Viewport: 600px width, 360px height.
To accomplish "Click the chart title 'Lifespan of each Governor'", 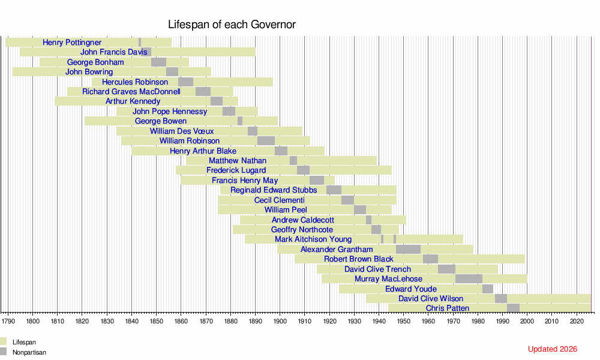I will tap(232, 25).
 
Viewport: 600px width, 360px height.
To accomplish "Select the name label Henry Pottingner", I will tap(72, 43).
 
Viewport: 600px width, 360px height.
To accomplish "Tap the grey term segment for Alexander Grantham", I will tap(408, 250).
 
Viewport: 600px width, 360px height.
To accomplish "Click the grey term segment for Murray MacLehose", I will tap(469, 279).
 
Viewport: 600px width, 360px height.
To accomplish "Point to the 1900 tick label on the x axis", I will tap(280, 321).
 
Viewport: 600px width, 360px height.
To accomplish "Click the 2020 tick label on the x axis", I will tap(576, 321).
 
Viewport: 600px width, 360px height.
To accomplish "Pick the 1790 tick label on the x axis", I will tap(8, 321).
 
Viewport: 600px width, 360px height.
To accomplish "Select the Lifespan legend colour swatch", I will tap(4, 342).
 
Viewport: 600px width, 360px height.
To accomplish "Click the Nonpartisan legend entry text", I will tap(29, 353).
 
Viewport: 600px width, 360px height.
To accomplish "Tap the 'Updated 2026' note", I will tap(553, 349).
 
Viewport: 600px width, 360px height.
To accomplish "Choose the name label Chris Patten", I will tap(448, 308).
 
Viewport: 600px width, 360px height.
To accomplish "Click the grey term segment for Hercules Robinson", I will tap(186, 82).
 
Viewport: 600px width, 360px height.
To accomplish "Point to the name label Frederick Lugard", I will tap(236, 170).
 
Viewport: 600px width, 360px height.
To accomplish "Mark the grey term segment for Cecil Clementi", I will tap(347, 200).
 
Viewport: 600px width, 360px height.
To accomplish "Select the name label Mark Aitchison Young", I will tap(313, 239).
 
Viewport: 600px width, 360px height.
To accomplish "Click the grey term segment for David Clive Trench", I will tap(446, 269).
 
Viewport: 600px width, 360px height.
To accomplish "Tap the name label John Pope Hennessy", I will tap(170, 112).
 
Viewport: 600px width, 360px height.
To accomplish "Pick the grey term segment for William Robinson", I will tap(266, 141).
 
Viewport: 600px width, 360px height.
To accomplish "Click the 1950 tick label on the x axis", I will tap(403, 321).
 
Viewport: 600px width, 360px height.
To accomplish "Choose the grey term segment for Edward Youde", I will tap(488, 289).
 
